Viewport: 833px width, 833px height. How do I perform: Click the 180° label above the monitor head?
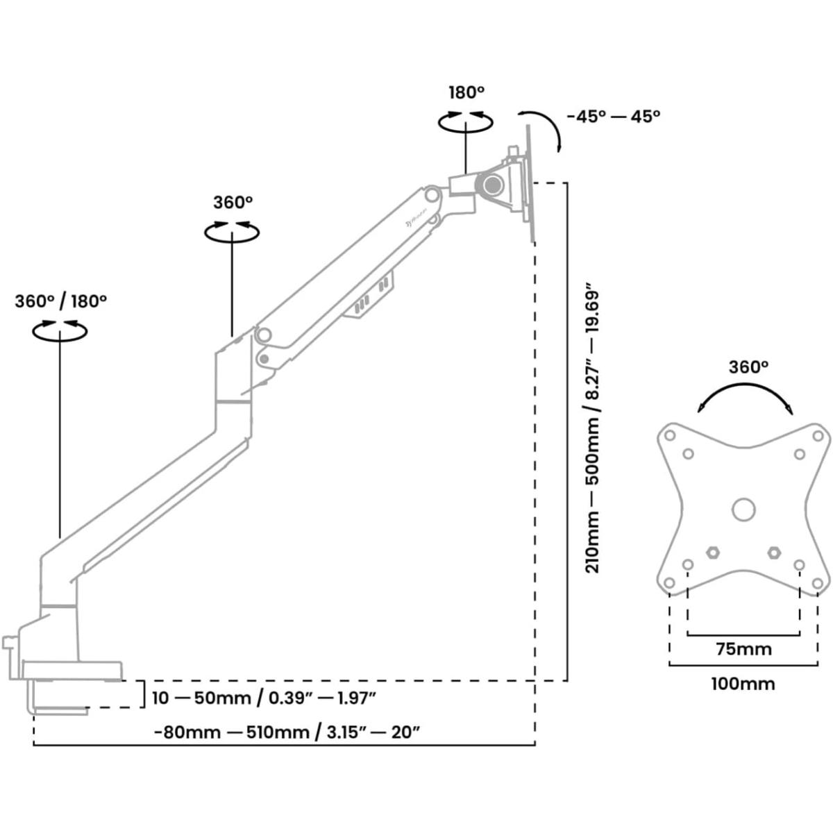pyautogui.click(x=466, y=92)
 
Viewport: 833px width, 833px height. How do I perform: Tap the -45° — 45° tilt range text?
pyautogui.click(x=612, y=116)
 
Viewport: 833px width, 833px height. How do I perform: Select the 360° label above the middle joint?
pyautogui.click(x=233, y=203)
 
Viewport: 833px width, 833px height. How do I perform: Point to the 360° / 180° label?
pyautogui.click(x=60, y=301)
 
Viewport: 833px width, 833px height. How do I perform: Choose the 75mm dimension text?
pyautogui.click(x=743, y=649)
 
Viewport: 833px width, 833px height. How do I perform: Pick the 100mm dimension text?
pyautogui.click(x=743, y=684)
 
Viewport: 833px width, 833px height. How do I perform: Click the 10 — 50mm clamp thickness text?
pyautogui.click(x=264, y=697)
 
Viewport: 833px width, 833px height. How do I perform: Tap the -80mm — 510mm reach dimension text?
pyautogui.click(x=287, y=732)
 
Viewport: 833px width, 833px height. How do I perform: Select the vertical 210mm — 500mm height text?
pyautogui.click(x=594, y=427)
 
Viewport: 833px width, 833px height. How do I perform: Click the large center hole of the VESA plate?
pyautogui.click(x=743, y=509)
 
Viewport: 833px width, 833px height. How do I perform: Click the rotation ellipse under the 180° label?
pyautogui.click(x=466, y=121)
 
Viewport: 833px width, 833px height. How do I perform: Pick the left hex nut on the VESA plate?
pyautogui.click(x=712, y=553)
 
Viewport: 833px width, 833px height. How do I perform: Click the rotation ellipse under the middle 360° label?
pyautogui.click(x=232, y=232)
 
